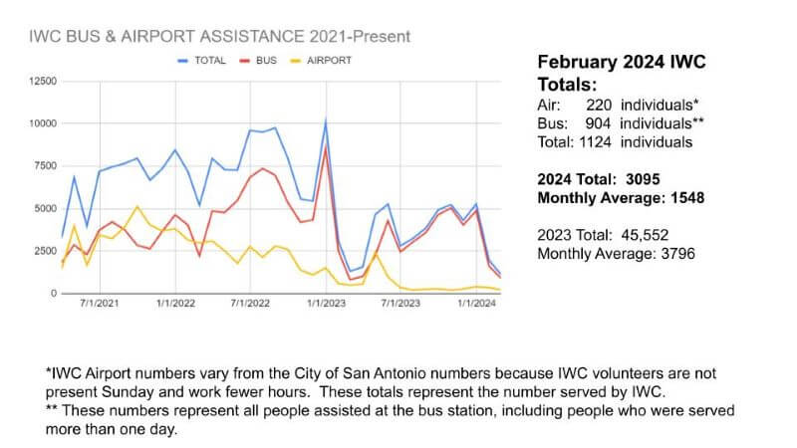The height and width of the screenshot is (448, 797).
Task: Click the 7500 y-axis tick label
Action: tap(43, 166)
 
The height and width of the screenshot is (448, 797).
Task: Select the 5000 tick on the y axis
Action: tap(43, 209)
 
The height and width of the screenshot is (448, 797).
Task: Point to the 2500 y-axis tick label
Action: tap(43, 251)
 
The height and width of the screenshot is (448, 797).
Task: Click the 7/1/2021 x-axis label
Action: tap(100, 303)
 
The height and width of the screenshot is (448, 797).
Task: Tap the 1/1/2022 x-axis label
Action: tap(175, 303)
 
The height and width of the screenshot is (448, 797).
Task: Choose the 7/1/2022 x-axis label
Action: tap(251, 303)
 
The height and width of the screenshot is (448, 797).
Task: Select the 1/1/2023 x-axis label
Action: tap(326, 303)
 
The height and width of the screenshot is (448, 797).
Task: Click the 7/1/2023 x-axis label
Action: tap(400, 303)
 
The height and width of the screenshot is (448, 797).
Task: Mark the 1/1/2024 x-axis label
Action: tap(476, 303)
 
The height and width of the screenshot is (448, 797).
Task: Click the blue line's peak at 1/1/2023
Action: tap(325, 120)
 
